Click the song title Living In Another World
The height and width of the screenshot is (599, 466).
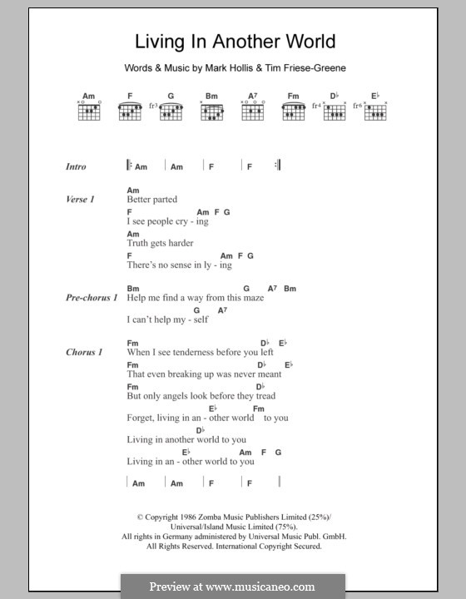click(x=224, y=42)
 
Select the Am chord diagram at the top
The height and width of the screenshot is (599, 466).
click(x=88, y=111)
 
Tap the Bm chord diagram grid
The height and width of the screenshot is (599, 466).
click(x=212, y=111)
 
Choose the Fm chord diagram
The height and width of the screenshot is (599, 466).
click(x=293, y=111)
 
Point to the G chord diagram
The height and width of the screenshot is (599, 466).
click(x=171, y=111)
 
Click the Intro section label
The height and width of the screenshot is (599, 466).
click(x=76, y=166)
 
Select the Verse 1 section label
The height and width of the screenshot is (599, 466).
click(x=80, y=200)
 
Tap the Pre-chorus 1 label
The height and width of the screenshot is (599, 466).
click(x=91, y=297)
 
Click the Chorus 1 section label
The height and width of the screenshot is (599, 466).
click(x=84, y=352)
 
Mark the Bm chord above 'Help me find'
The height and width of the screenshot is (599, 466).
click(x=132, y=288)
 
